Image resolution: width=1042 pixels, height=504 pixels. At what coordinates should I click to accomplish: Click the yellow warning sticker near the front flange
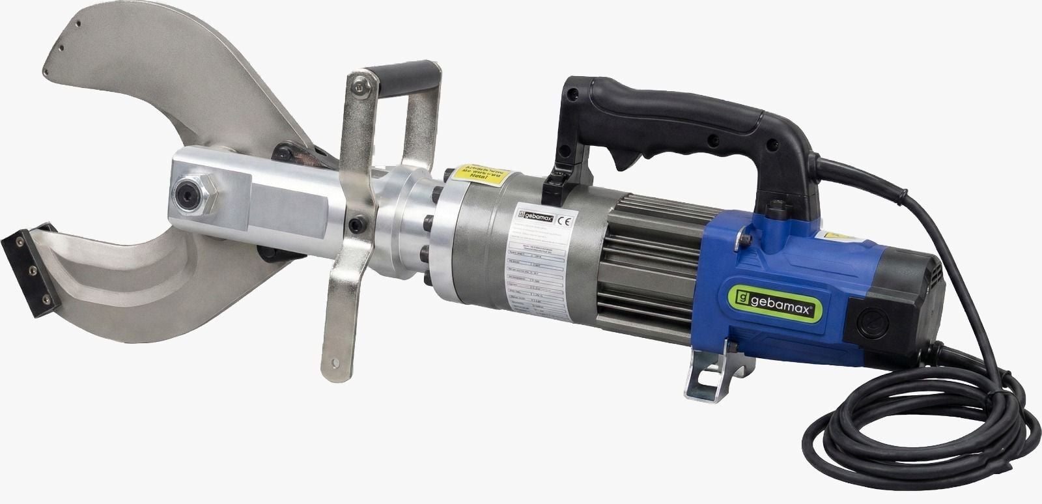click(x=477, y=175)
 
